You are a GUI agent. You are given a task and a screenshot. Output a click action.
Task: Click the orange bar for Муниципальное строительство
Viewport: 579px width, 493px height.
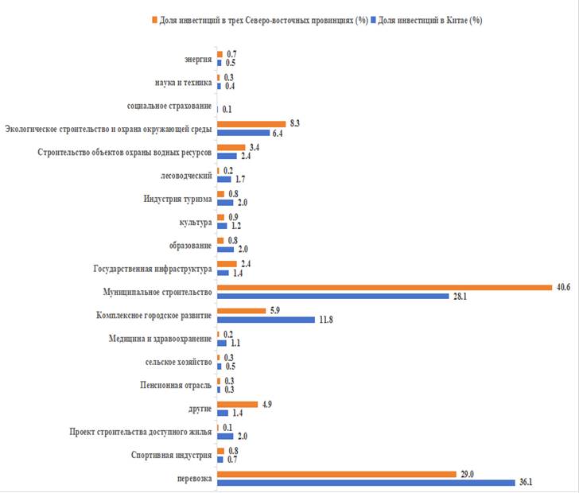pos(384,288)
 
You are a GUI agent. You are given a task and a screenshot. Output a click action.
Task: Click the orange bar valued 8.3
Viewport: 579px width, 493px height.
pos(251,124)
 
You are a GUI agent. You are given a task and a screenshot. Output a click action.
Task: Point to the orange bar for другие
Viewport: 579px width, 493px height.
pos(237,404)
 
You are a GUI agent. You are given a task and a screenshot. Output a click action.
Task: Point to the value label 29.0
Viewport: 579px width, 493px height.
pos(467,473)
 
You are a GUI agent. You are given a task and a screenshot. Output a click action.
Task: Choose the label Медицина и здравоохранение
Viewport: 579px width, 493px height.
pos(161,339)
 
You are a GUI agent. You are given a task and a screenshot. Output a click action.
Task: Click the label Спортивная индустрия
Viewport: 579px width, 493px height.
pos(172,456)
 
